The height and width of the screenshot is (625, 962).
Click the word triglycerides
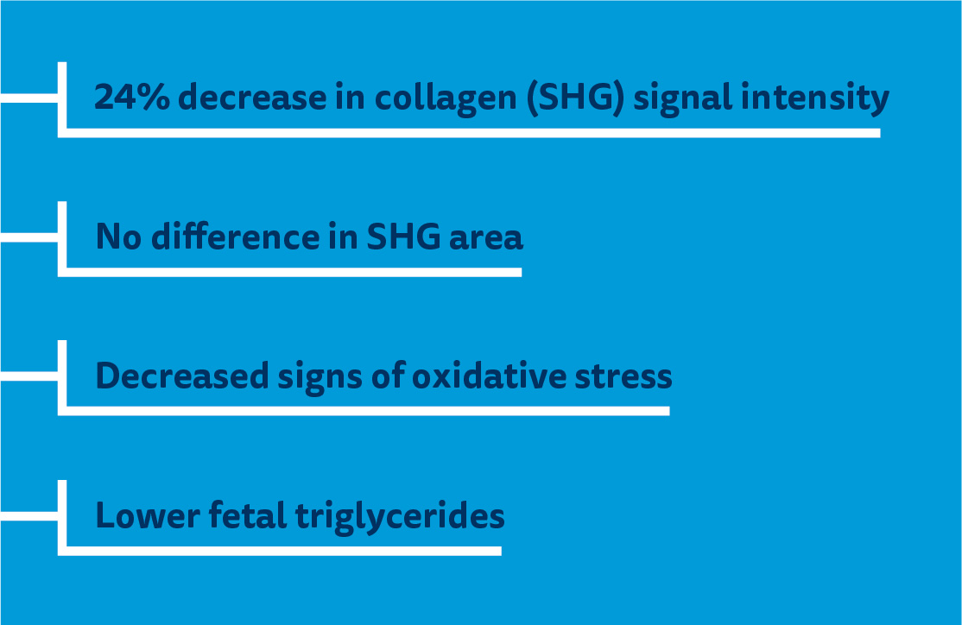[x=400, y=517]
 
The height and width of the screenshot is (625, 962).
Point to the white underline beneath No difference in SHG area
[x=294, y=272]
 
